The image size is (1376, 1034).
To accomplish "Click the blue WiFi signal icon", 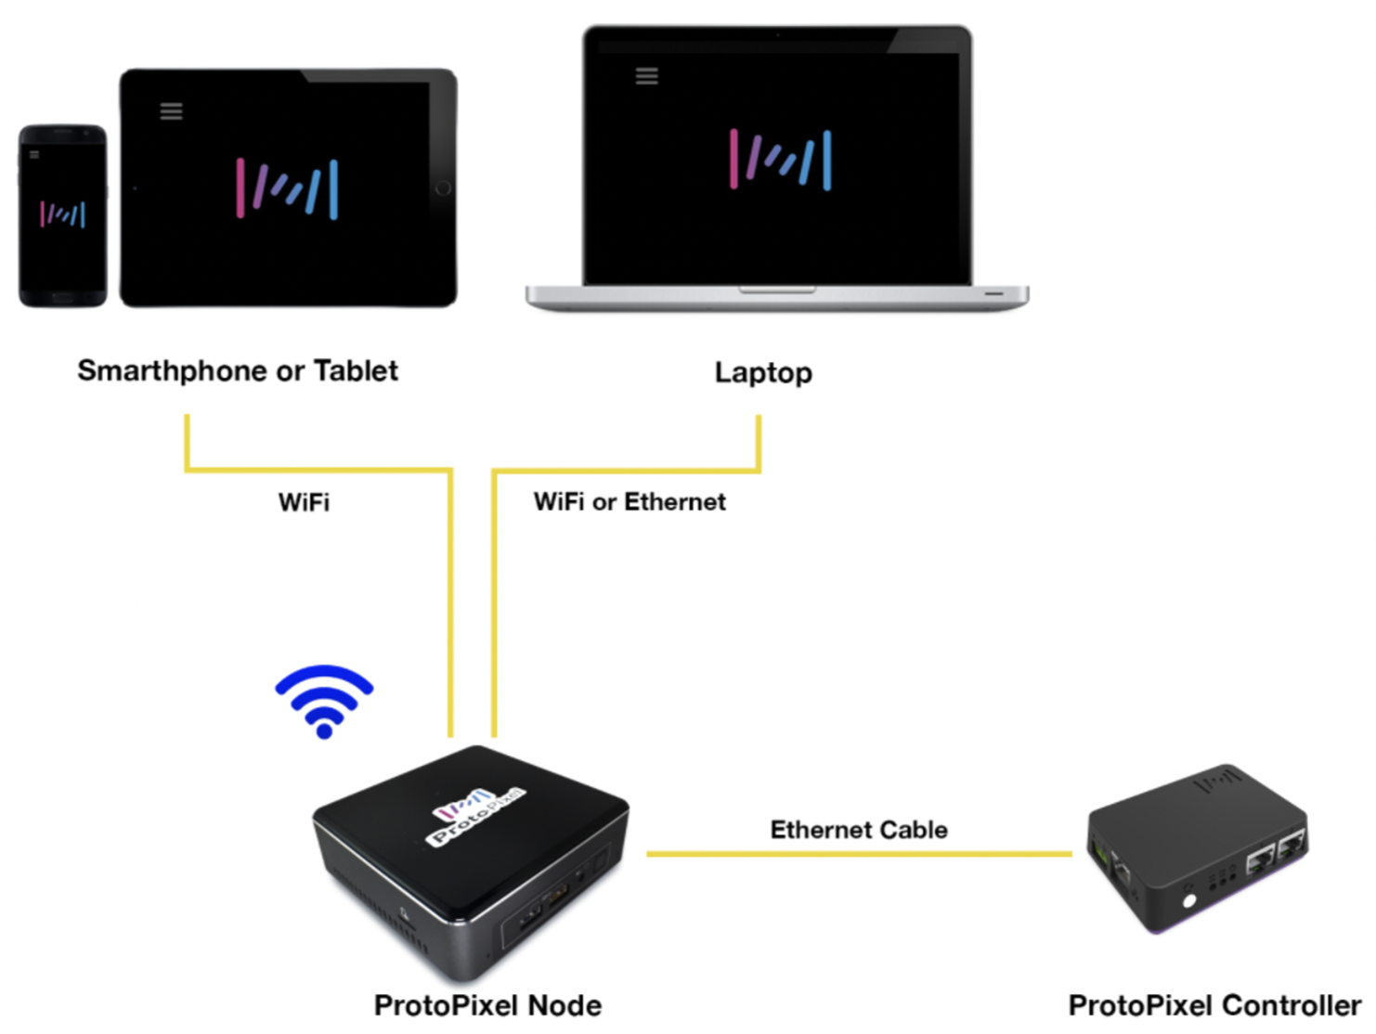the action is tap(324, 702).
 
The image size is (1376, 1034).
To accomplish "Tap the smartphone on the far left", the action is tap(63, 216).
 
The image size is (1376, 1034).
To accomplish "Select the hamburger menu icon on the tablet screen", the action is tap(171, 111).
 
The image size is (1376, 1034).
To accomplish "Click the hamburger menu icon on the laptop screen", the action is tap(647, 76).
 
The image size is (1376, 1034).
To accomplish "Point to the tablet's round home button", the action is tap(443, 188).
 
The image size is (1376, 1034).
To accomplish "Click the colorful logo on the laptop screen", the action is tap(781, 160).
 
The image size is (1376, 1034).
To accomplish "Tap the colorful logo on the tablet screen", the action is tap(287, 189).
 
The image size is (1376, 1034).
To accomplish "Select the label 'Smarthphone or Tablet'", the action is tap(238, 371).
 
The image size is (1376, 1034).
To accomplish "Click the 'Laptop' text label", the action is tap(763, 373).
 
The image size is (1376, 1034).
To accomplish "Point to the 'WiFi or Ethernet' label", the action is tap(630, 502).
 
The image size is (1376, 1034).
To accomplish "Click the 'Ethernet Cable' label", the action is tap(859, 830).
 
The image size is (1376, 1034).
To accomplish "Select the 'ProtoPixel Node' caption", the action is tap(487, 1006).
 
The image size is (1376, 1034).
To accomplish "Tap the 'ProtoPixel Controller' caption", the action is tap(1214, 1006).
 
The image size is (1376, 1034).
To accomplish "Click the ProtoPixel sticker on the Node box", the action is tap(476, 817).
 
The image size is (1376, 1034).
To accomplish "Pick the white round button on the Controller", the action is tap(1188, 901).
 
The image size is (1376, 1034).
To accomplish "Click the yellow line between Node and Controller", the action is tap(859, 854).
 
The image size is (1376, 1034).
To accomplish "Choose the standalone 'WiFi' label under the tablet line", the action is tap(304, 502).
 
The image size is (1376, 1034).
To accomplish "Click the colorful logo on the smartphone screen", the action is tap(63, 214).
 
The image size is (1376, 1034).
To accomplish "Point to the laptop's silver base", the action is tap(777, 298).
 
